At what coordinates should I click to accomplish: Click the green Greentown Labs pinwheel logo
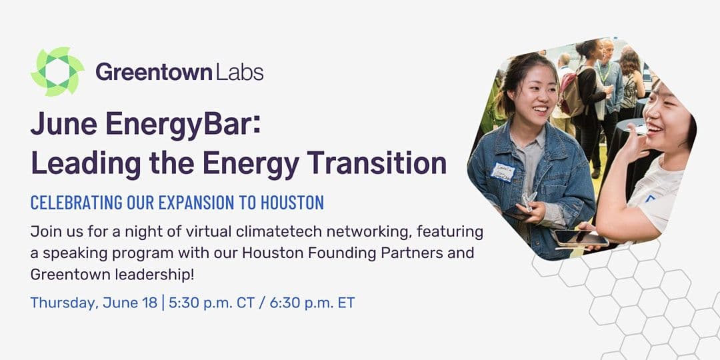click(57, 71)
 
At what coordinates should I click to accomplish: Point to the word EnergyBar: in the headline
click(183, 125)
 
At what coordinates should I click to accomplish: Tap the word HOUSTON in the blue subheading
click(292, 203)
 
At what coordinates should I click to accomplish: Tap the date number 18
click(150, 303)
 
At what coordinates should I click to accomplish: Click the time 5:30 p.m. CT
click(211, 303)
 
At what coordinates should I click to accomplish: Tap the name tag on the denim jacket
click(503, 173)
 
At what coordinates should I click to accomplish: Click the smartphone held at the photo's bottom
click(579, 238)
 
